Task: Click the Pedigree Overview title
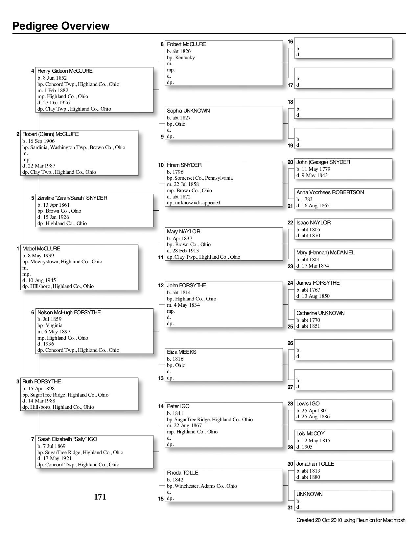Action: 61,26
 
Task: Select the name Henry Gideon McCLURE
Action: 65,71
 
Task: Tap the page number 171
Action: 100,497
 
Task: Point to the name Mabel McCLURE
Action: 41,248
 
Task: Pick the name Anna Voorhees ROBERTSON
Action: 330,192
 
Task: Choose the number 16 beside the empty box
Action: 290,42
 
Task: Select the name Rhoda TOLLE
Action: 182,473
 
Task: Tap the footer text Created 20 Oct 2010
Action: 351,520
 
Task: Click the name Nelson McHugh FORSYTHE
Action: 69,312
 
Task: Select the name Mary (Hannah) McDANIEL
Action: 325,252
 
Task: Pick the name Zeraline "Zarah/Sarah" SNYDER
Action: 72,198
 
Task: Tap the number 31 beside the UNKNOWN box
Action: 290,507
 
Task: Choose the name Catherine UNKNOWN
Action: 320,313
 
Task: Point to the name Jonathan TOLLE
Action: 315,464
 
